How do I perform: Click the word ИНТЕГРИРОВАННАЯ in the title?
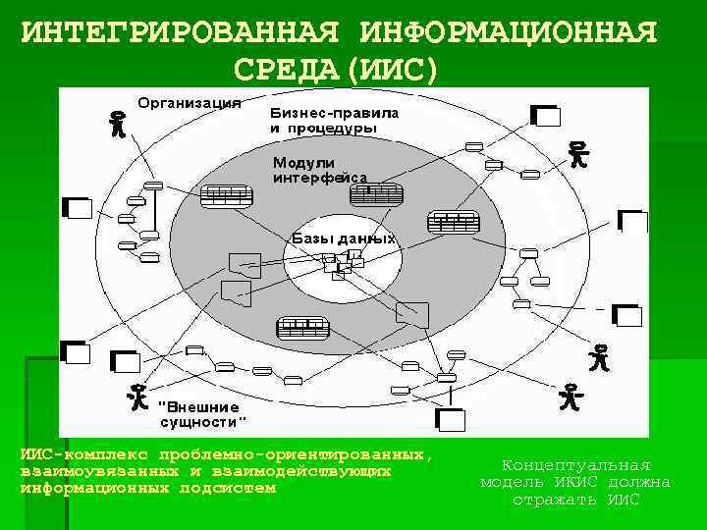pyautogui.click(x=181, y=32)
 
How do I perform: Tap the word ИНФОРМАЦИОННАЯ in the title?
pyautogui.click(x=508, y=32)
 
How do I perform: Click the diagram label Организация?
pyautogui.click(x=190, y=102)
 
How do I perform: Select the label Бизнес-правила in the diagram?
pyautogui.click(x=335, y=113)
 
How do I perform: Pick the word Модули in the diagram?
pyautogui.click(x=304, y=162)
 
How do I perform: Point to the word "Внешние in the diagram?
pyautogui.click(x=199, y=406)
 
